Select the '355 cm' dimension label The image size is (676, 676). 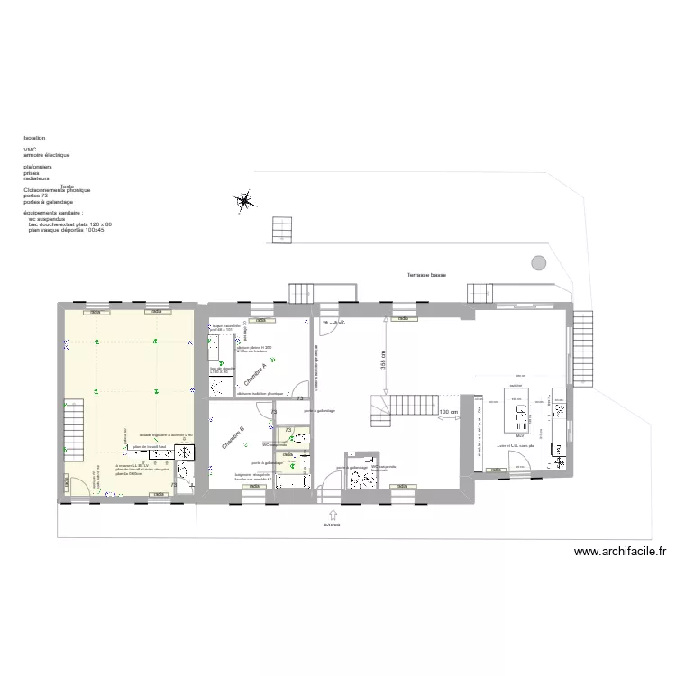pyautogui.click(x=382, y=360)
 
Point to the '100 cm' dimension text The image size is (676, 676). pyautogui.click(x=448, y=413)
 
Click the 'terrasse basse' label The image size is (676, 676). pyautogui.click(x=426, y=275)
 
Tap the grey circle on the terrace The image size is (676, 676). pyautogui.click(x=538, y=262)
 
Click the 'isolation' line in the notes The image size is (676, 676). pyautogui.click(x=35, y=138)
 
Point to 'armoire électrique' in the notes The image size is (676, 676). pyautogui.click(x=47, y=156)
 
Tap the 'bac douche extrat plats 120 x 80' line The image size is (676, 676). pyautogui.click(x=70, y=224)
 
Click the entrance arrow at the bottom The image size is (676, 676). pyautogui.click(x=334, y=515)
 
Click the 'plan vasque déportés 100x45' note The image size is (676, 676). pyautogui.click(x=67, y=230)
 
